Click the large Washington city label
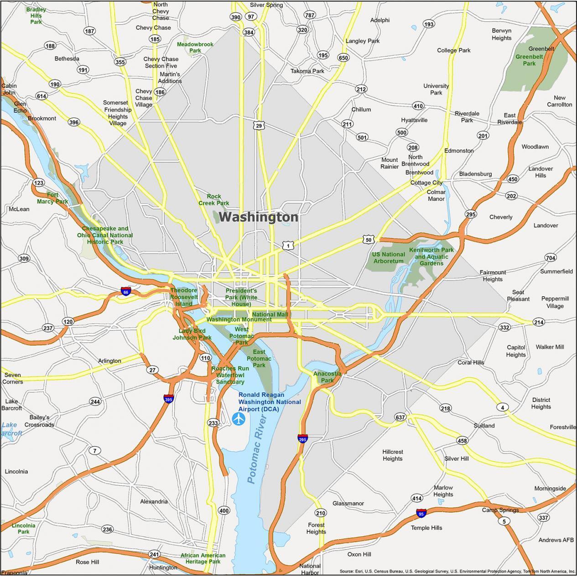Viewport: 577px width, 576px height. coord(259,217)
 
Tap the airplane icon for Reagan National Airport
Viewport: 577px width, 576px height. coord(239,419)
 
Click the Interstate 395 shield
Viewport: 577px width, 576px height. coord(169,399)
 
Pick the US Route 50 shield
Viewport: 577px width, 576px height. coord(369,239)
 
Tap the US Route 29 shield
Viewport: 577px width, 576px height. coord(259,126)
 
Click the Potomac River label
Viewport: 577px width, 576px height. coord(256,456)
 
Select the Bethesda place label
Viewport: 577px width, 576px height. coord(67,59)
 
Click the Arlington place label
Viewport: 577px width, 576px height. coord(109,361)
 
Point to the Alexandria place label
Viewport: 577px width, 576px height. coord(154,502)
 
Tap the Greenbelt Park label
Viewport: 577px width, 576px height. coord(529,60)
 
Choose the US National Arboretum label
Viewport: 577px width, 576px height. coord(389,258)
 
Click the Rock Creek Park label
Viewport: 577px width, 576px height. coord(213,200)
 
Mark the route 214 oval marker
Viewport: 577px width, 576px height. coord(539,322)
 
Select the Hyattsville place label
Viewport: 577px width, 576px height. coord(414,120)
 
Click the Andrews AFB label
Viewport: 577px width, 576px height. coord(556,540)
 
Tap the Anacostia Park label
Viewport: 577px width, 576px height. coord(327,377)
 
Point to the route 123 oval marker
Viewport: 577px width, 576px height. coord(39,183)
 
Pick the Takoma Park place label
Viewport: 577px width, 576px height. coord(307,71)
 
